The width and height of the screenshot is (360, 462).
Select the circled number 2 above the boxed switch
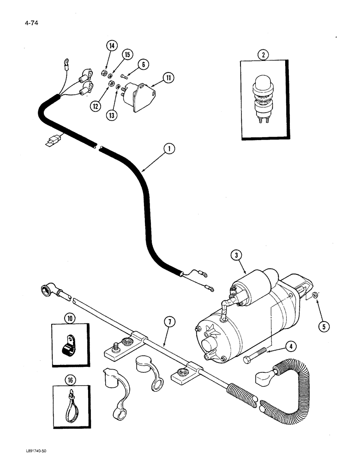click(x=263, y=55)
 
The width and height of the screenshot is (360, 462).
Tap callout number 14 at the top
click(x=111, y=46)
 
